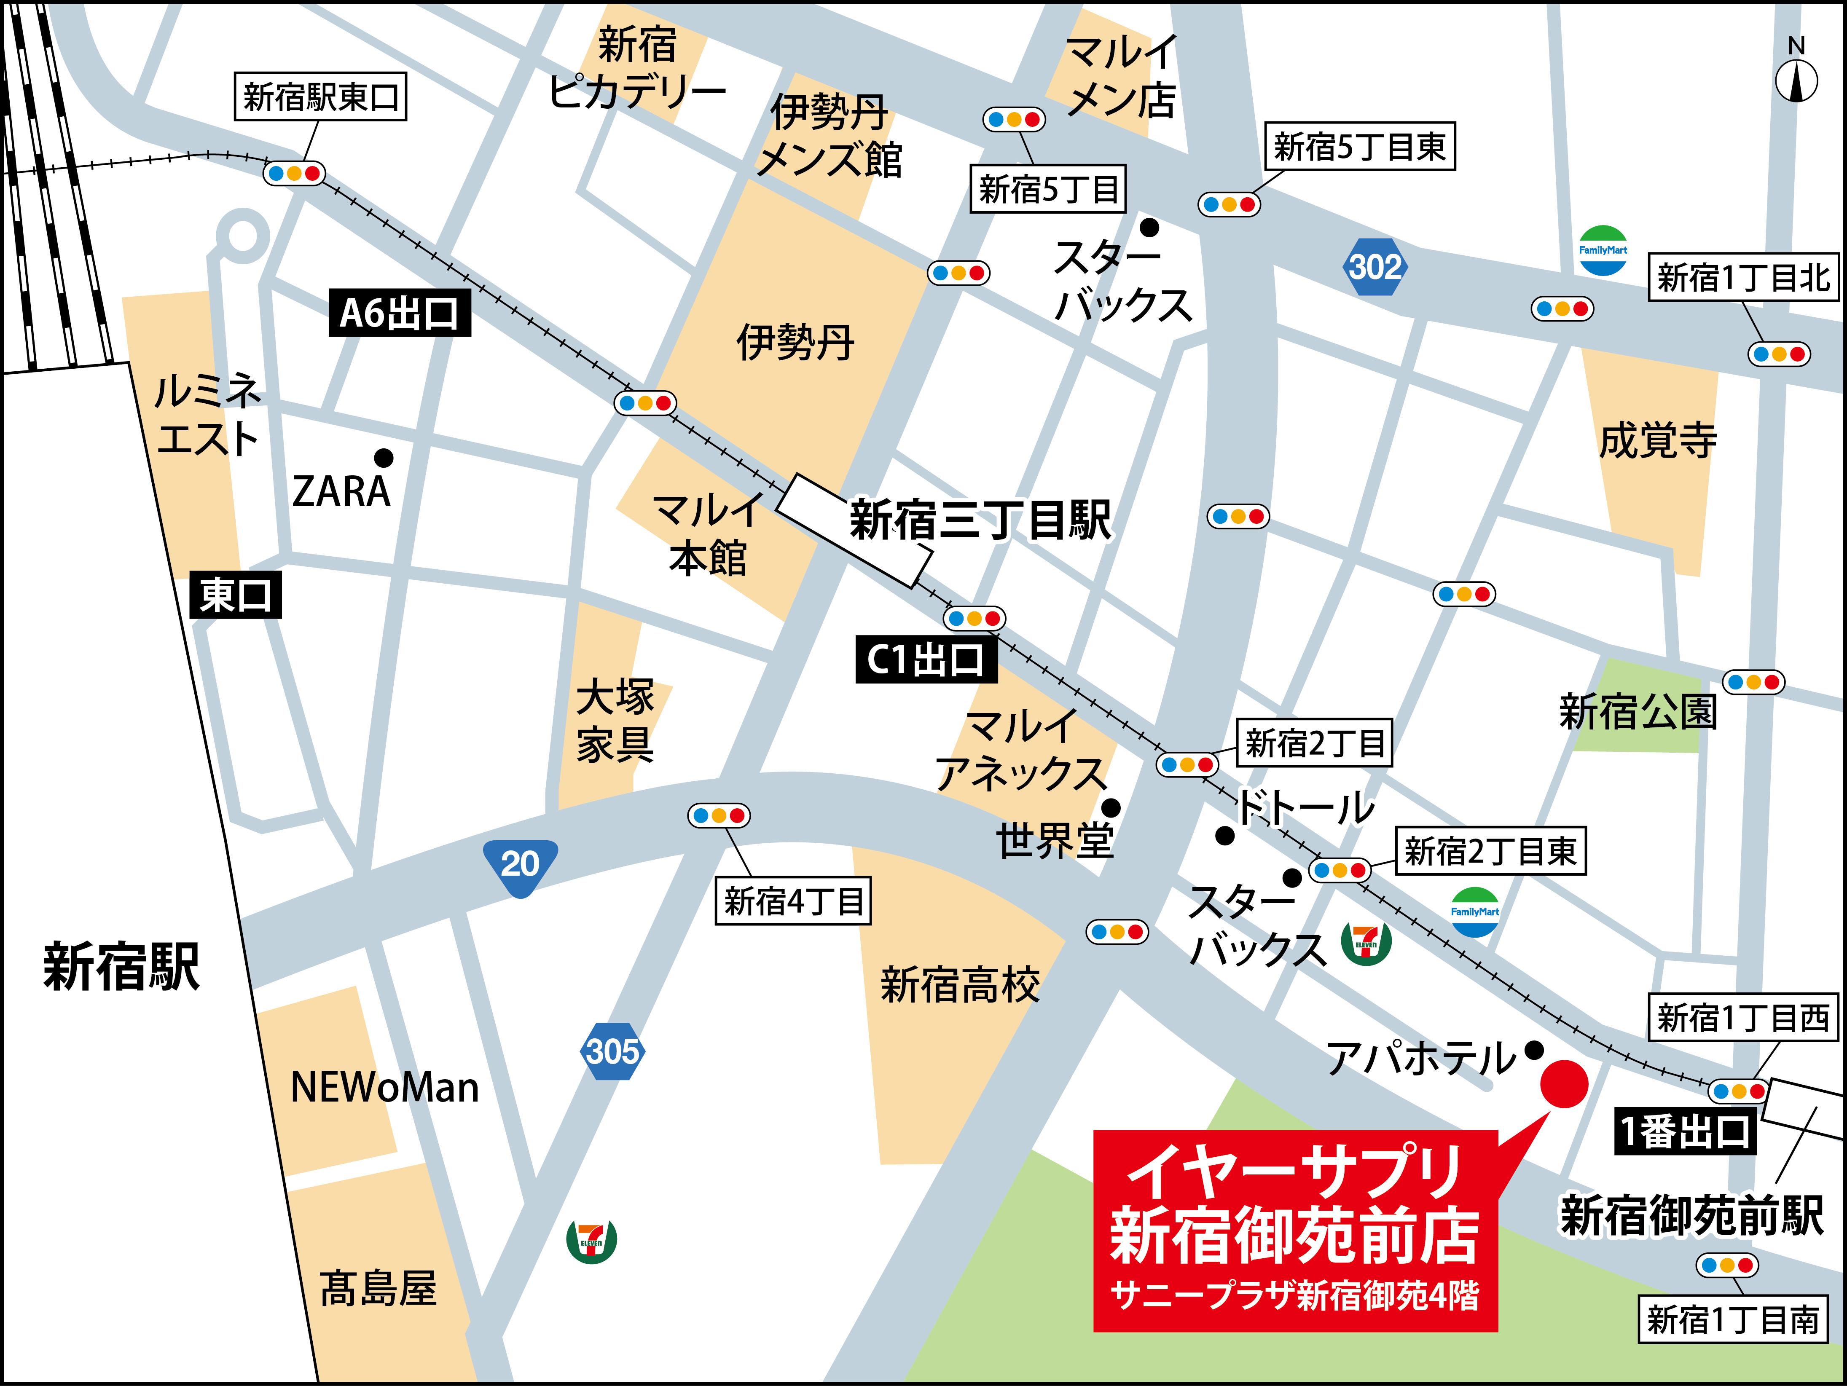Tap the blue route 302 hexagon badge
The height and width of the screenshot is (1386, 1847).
[1375, 267]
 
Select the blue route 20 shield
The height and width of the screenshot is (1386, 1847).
[520, 864]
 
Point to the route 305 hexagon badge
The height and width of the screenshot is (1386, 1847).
[612, 1051]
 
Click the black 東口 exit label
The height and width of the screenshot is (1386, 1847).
[236, 595]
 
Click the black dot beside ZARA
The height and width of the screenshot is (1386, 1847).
[384, 458]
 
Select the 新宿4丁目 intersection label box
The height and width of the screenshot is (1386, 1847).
[792, 901]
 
